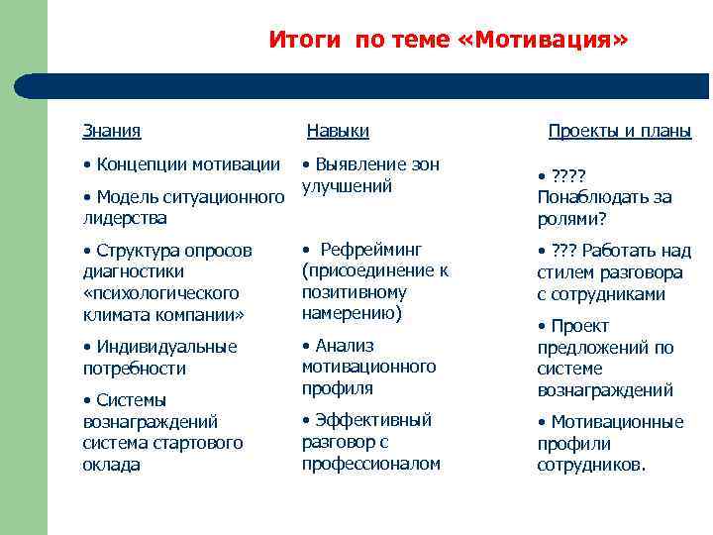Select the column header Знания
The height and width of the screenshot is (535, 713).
click(x=111, y=131)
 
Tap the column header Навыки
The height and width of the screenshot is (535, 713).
click(x=338, y=131)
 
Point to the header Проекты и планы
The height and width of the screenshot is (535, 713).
click(x=620, y=131)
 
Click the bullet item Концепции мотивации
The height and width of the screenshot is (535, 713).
click(x=187, y=163)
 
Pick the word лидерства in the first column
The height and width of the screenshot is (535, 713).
click(x=125, y=217)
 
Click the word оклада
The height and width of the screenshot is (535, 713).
click(x=111, y=465)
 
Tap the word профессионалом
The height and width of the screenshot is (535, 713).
click(x=370, y=464)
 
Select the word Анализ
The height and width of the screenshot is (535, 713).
click(x=345, y=346)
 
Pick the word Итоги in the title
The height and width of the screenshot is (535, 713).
click(x=304, y=41)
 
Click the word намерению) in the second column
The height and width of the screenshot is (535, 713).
click(x=351, y=313)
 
